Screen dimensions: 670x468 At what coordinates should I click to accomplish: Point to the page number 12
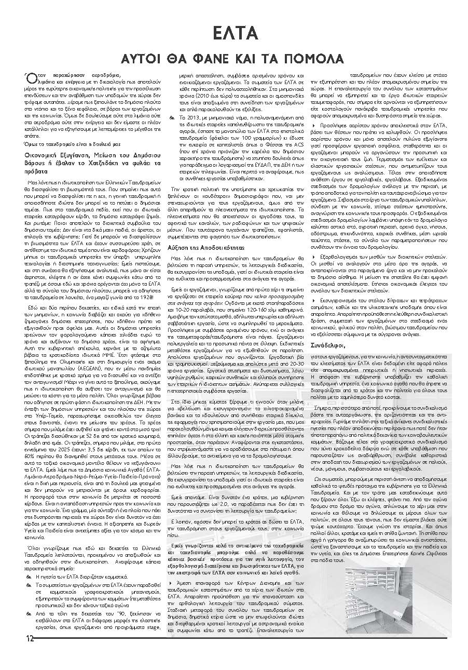click(26, 639)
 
